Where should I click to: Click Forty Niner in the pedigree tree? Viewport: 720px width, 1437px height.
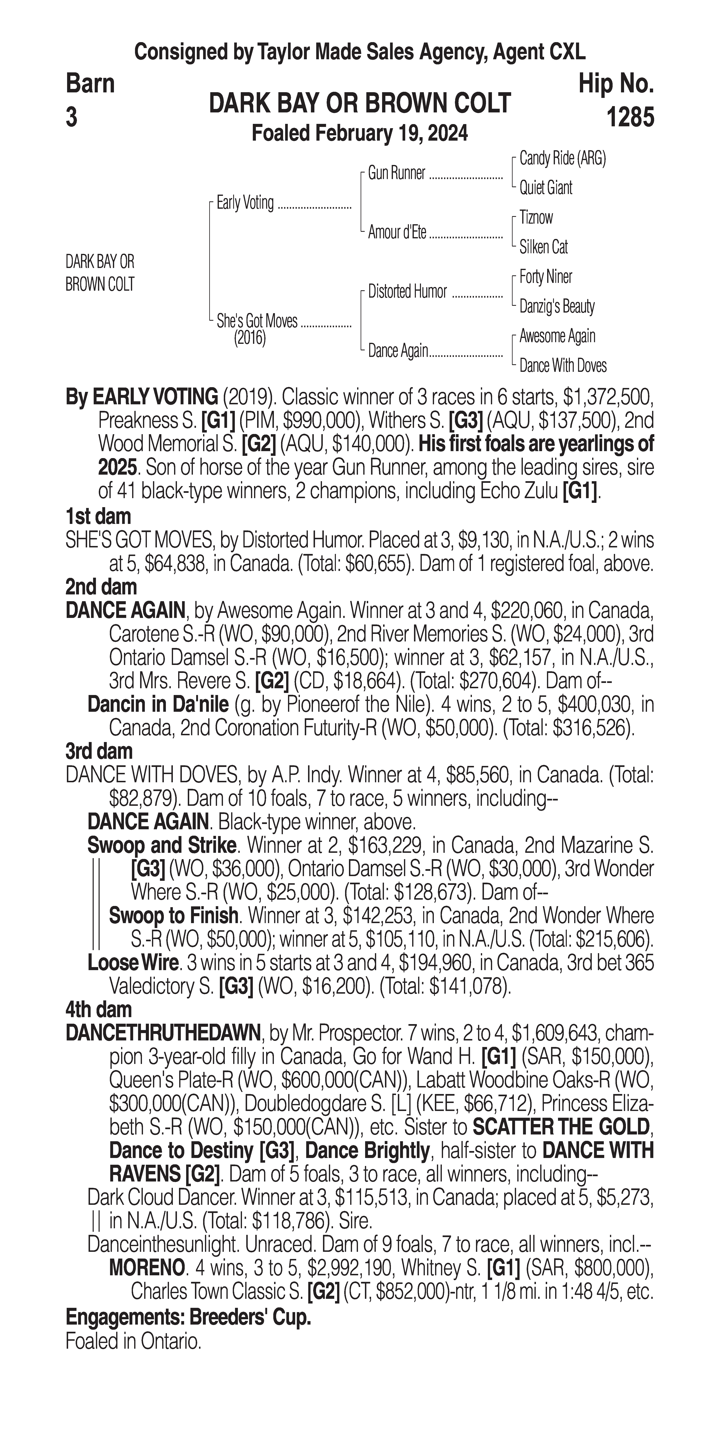pos(545,277)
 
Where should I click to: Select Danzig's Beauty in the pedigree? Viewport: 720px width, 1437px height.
pos(556,306)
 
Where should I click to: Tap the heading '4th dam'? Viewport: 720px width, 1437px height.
pos(99,1009)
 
